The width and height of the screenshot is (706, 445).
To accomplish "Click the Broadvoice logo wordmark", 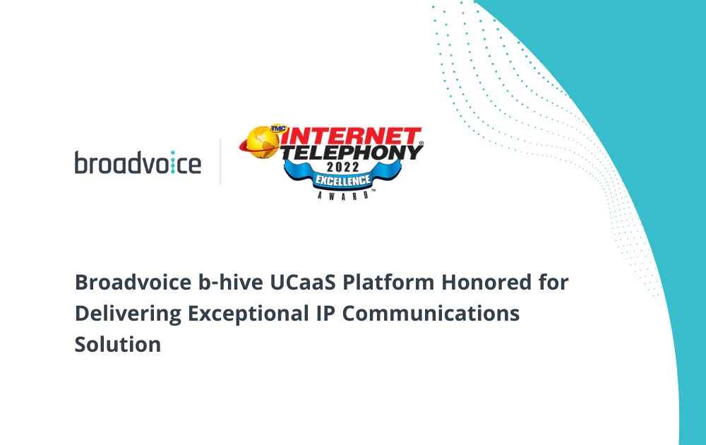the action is coord(138,162).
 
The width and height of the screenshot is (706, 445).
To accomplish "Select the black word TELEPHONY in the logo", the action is coord(352,153).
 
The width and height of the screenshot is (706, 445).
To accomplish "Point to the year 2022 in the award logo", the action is coord(343,167).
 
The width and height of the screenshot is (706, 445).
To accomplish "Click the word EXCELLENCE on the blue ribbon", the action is coord(343,181).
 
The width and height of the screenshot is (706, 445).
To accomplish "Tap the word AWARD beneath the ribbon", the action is coord(343,196).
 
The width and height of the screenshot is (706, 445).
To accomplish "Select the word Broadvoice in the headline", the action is coord(133,283).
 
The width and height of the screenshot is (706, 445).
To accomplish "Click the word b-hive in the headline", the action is coord(231,283).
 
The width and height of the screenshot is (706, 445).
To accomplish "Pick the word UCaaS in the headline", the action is coord(303,283).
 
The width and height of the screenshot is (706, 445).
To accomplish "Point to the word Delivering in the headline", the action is coord(128,314).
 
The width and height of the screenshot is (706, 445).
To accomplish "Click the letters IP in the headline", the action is coord(325,314).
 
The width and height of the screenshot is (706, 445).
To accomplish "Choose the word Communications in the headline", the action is coord(431,314).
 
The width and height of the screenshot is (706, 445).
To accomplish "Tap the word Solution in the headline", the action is coord(118,345).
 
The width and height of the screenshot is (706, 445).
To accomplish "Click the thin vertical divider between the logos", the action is coord(220,162).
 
